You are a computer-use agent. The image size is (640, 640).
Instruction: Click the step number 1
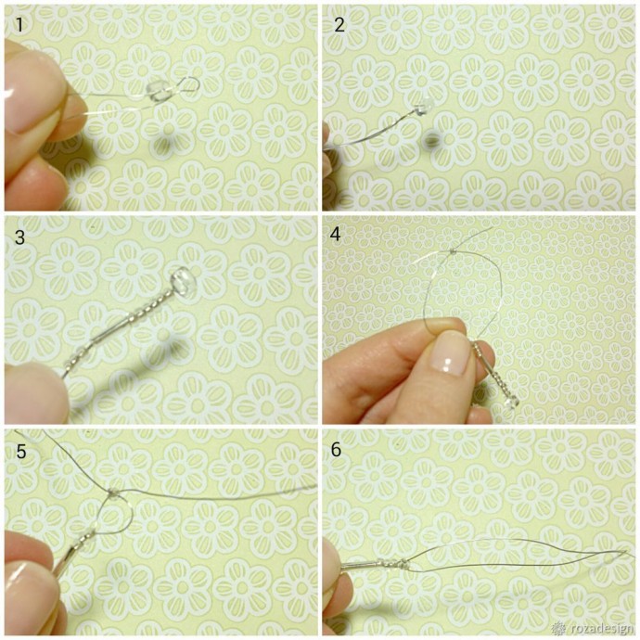pos(19,25)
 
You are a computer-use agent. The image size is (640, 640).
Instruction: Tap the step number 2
pos(339,25)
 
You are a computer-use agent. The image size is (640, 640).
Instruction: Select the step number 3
pos(19,237)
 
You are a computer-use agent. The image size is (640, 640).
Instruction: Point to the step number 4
pos(336,235)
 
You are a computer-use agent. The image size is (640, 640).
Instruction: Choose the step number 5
pos(20,452)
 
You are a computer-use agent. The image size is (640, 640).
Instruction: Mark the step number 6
pos(336,449)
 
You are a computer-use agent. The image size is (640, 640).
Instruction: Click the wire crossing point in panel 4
pos(453,252)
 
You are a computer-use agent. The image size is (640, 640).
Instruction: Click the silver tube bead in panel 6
pos(359,565)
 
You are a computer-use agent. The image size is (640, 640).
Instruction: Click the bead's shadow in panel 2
pos(429,140)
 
